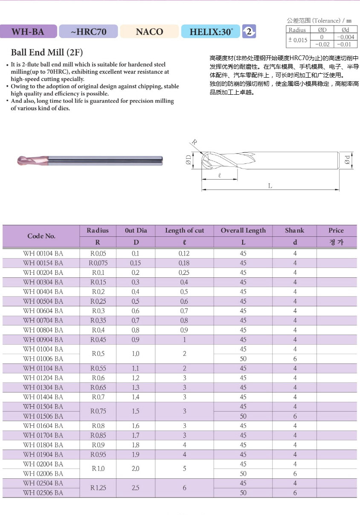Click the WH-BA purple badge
28,32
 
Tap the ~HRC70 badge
88,32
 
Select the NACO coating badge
149,32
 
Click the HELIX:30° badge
211,32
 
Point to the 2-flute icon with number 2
249,31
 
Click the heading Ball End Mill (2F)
47,53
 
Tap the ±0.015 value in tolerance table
297,40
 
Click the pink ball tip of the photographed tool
24,160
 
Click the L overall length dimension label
270,186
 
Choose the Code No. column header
41,236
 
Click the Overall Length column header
243,230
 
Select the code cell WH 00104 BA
43,253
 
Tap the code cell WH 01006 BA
43,359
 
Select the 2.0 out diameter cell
136,468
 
